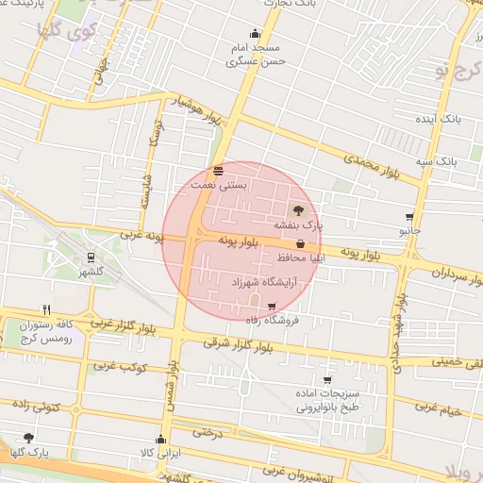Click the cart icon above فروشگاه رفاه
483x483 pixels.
coord(272,306)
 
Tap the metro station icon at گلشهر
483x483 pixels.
coord(90,256)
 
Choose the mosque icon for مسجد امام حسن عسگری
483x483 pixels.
coord(254,33)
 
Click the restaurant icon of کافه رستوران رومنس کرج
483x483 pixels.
coord(45,309)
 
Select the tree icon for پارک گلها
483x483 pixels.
coord(28,438)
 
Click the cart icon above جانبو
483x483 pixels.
coord(408,216)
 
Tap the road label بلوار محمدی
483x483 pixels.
coord(372,167)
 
